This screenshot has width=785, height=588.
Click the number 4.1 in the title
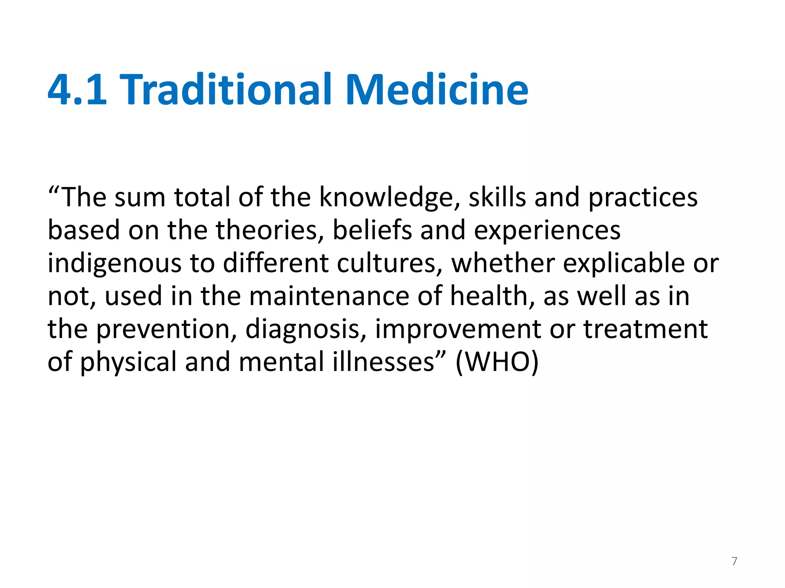coord(77,90)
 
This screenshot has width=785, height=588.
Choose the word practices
coord(643,198)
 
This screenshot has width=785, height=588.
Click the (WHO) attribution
coord(497,362)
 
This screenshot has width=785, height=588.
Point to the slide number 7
coord(734,561)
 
